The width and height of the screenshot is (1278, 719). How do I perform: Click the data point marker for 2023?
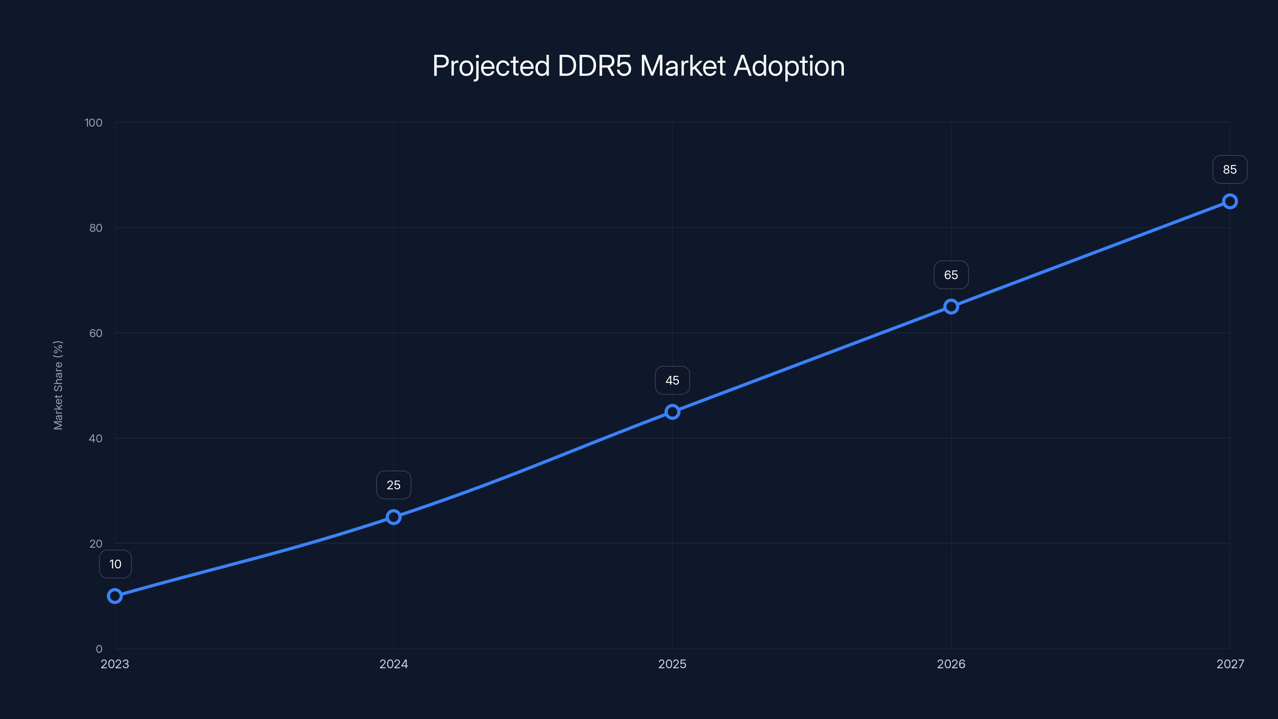(115, 596)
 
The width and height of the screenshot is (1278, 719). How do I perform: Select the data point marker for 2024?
(393, 517)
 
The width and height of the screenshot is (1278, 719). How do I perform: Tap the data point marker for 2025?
(672, 412)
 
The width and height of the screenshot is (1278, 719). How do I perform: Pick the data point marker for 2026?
(951, 307)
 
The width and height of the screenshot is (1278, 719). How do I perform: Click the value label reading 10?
(115, 564)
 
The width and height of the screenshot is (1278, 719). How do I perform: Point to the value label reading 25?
(393, 485)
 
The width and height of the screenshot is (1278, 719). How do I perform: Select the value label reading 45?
(672, 381)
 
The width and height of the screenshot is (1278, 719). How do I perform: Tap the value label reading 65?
(951, 275)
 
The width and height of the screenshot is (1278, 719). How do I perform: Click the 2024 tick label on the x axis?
(393, 664)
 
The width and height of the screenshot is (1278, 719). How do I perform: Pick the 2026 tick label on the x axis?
(951, 664)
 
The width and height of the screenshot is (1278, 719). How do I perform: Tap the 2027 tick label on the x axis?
(1230, 664)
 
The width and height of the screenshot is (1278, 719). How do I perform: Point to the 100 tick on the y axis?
(93, 123)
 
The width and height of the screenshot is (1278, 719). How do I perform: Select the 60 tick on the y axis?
(96, 333)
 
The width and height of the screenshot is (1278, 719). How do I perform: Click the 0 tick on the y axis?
(99, 649)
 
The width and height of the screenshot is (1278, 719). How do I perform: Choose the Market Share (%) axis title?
(58, 385)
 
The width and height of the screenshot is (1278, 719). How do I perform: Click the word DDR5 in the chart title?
(594, 66)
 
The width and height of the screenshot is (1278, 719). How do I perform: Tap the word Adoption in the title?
(789, 66)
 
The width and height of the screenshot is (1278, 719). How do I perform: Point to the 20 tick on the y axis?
(96, 544)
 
